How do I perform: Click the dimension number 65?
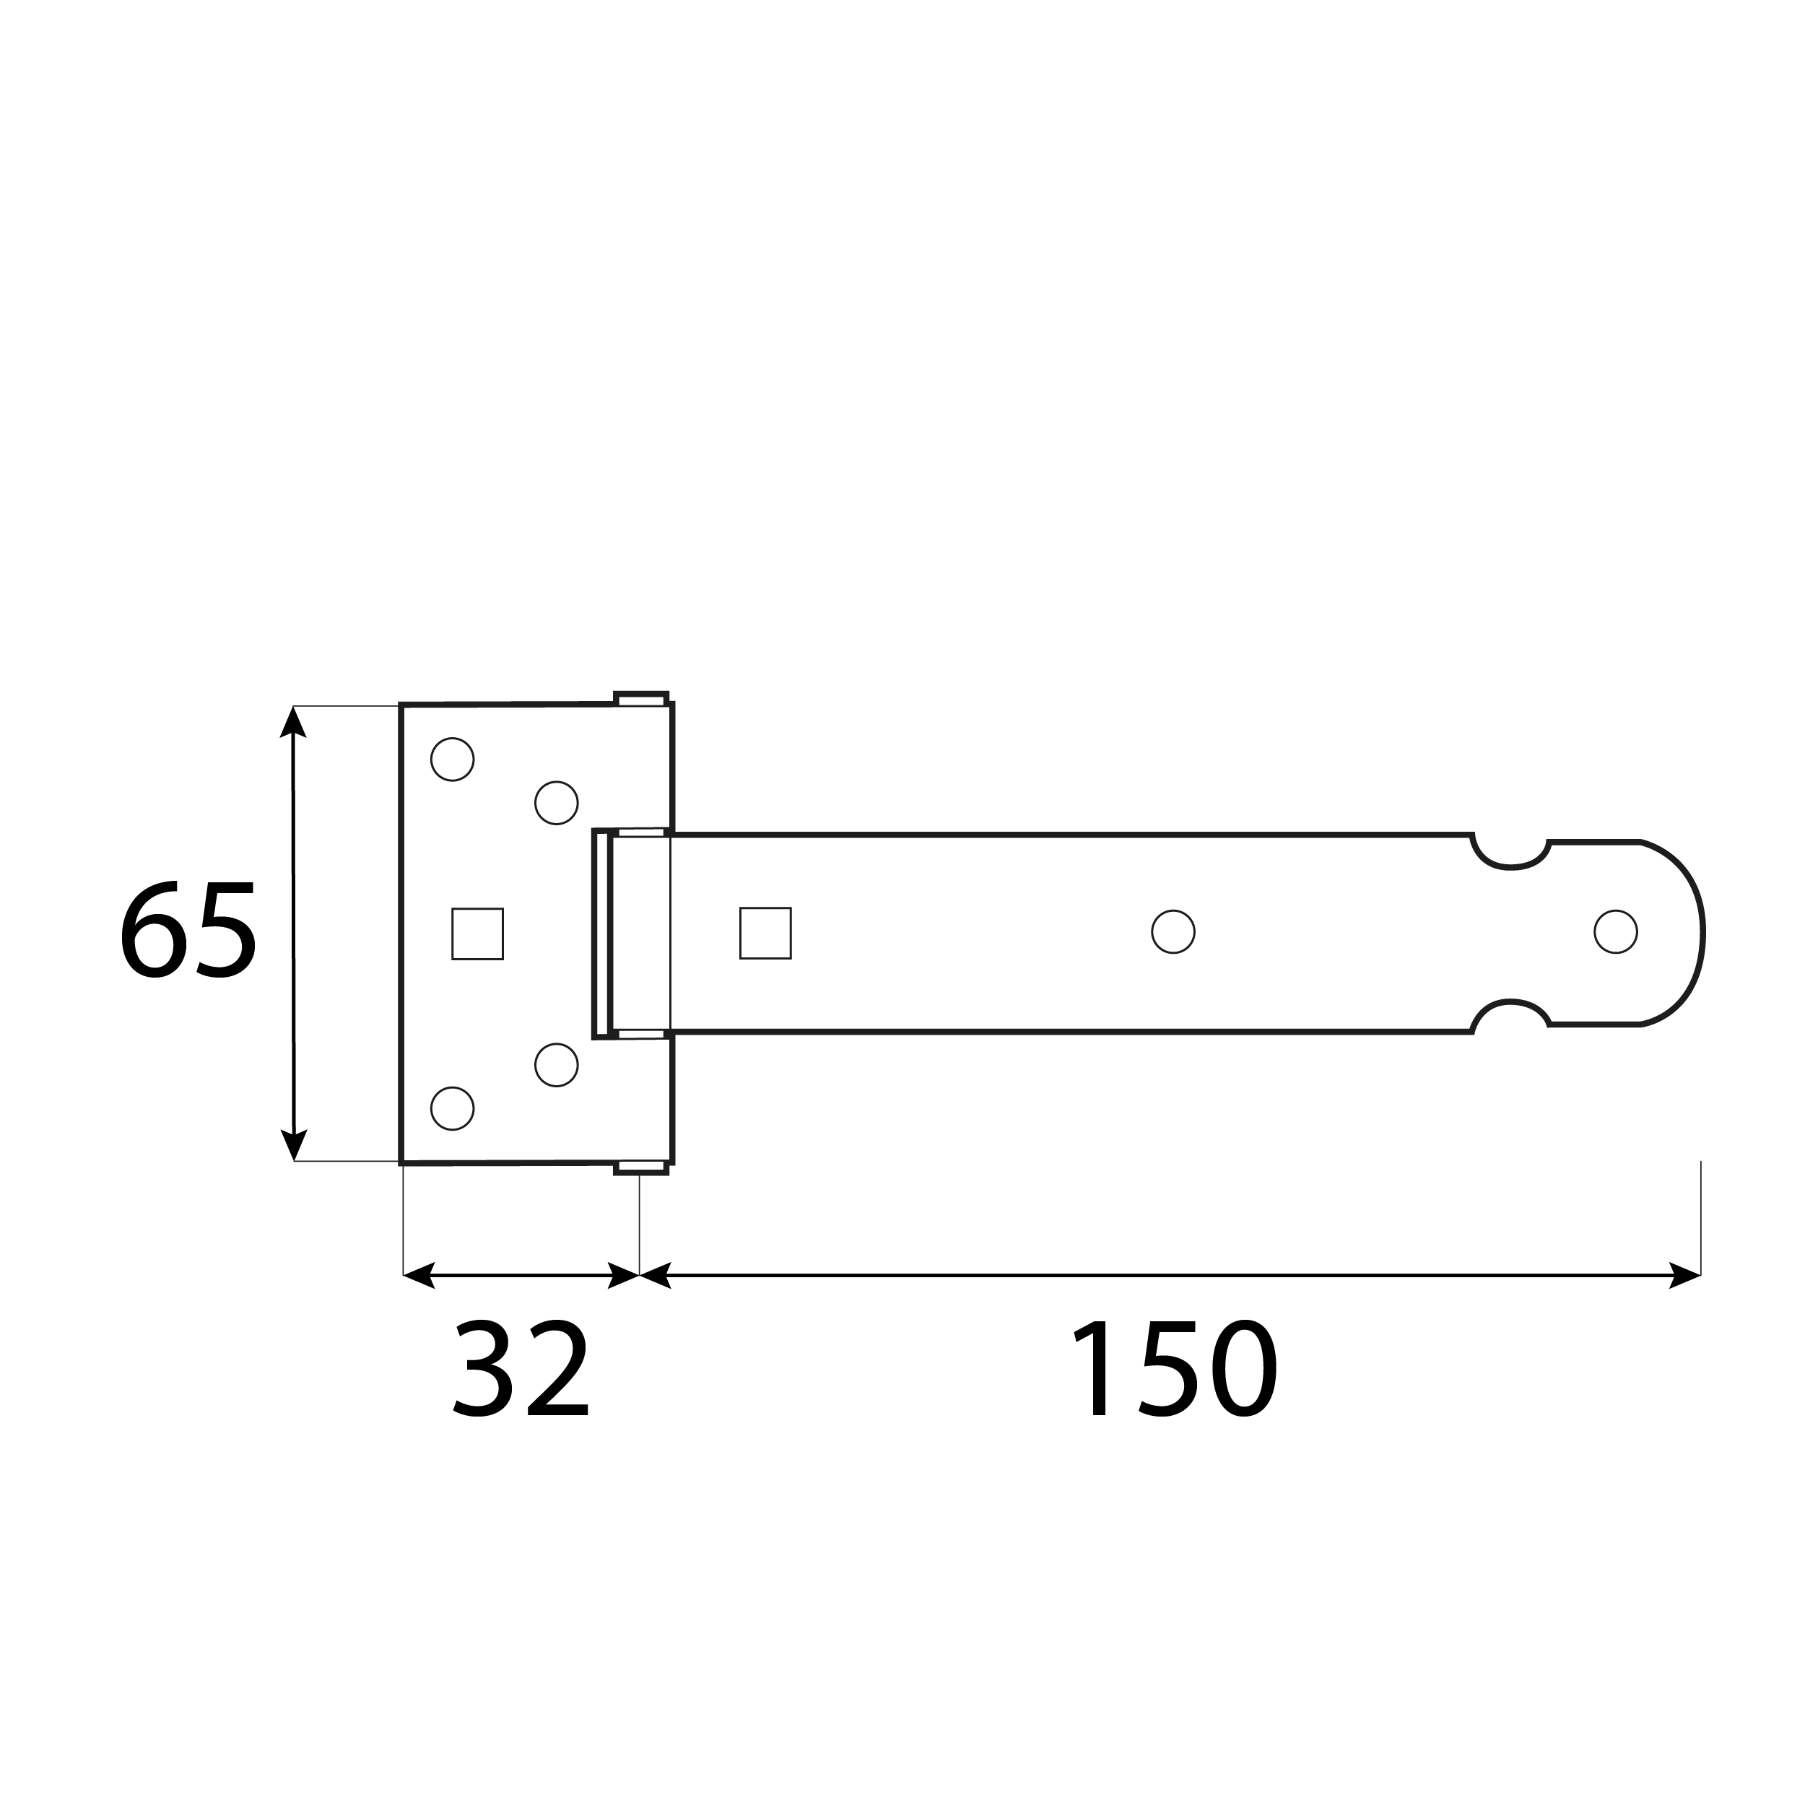(188, 931)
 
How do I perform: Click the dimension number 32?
(521, 1373)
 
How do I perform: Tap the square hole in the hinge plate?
(477, 934)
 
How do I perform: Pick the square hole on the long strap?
(765, 932)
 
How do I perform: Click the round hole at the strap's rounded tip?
(1615, 931)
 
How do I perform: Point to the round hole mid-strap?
(1173, 931)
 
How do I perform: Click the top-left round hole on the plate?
(452, 760)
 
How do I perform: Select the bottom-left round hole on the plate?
(452, 1108)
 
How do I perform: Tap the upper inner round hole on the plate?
(557, 803)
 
